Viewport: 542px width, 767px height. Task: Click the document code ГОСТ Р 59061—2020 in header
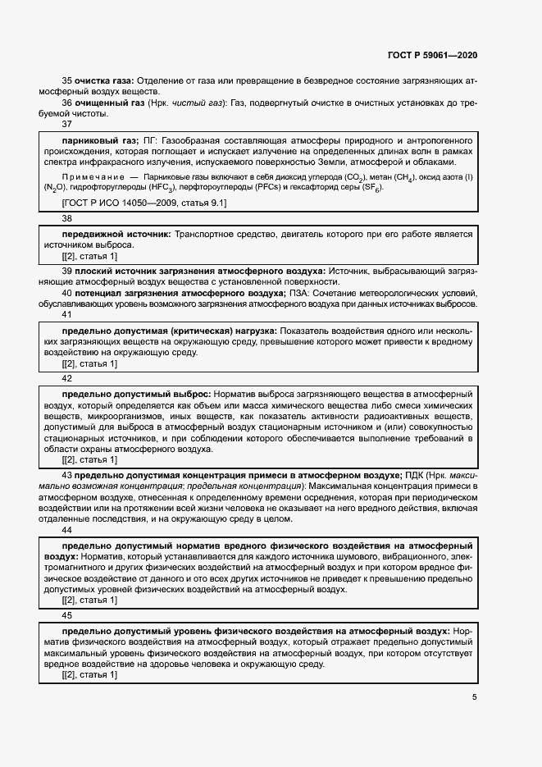[431, 56]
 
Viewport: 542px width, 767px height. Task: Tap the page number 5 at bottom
[474, 698]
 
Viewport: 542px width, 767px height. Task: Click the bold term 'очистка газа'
[103, 80]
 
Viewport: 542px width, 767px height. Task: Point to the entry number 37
[67, 126]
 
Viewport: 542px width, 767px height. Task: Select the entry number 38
[67, 219]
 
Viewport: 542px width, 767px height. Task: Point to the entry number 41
[67, 314]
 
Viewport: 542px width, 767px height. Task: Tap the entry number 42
[67, 379]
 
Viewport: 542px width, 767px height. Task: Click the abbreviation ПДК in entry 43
[415, 475]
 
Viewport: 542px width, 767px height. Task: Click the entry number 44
[67, 531]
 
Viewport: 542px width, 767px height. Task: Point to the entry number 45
[67, 615]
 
